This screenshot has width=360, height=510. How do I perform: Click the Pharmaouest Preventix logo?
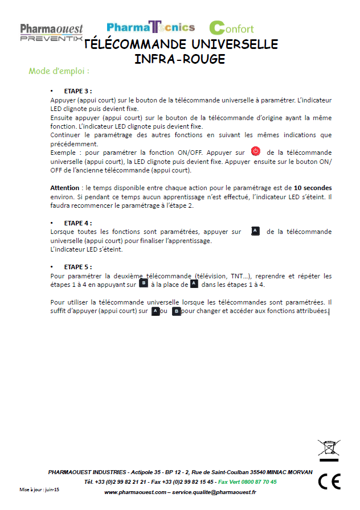coord(52,32)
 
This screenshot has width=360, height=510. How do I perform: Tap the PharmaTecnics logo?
coord(151,27)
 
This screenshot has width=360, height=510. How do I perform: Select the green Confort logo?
coord(231,27)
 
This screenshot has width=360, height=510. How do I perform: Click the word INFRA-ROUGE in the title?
coord(179,59)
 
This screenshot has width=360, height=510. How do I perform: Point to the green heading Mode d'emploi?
coord(59,72)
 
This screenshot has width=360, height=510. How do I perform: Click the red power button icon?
coord(256,151)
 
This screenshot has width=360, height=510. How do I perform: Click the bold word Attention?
coord(64,187)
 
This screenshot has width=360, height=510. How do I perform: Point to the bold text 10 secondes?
coord(313,187)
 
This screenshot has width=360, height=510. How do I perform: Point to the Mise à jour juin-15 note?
coord(39,490)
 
